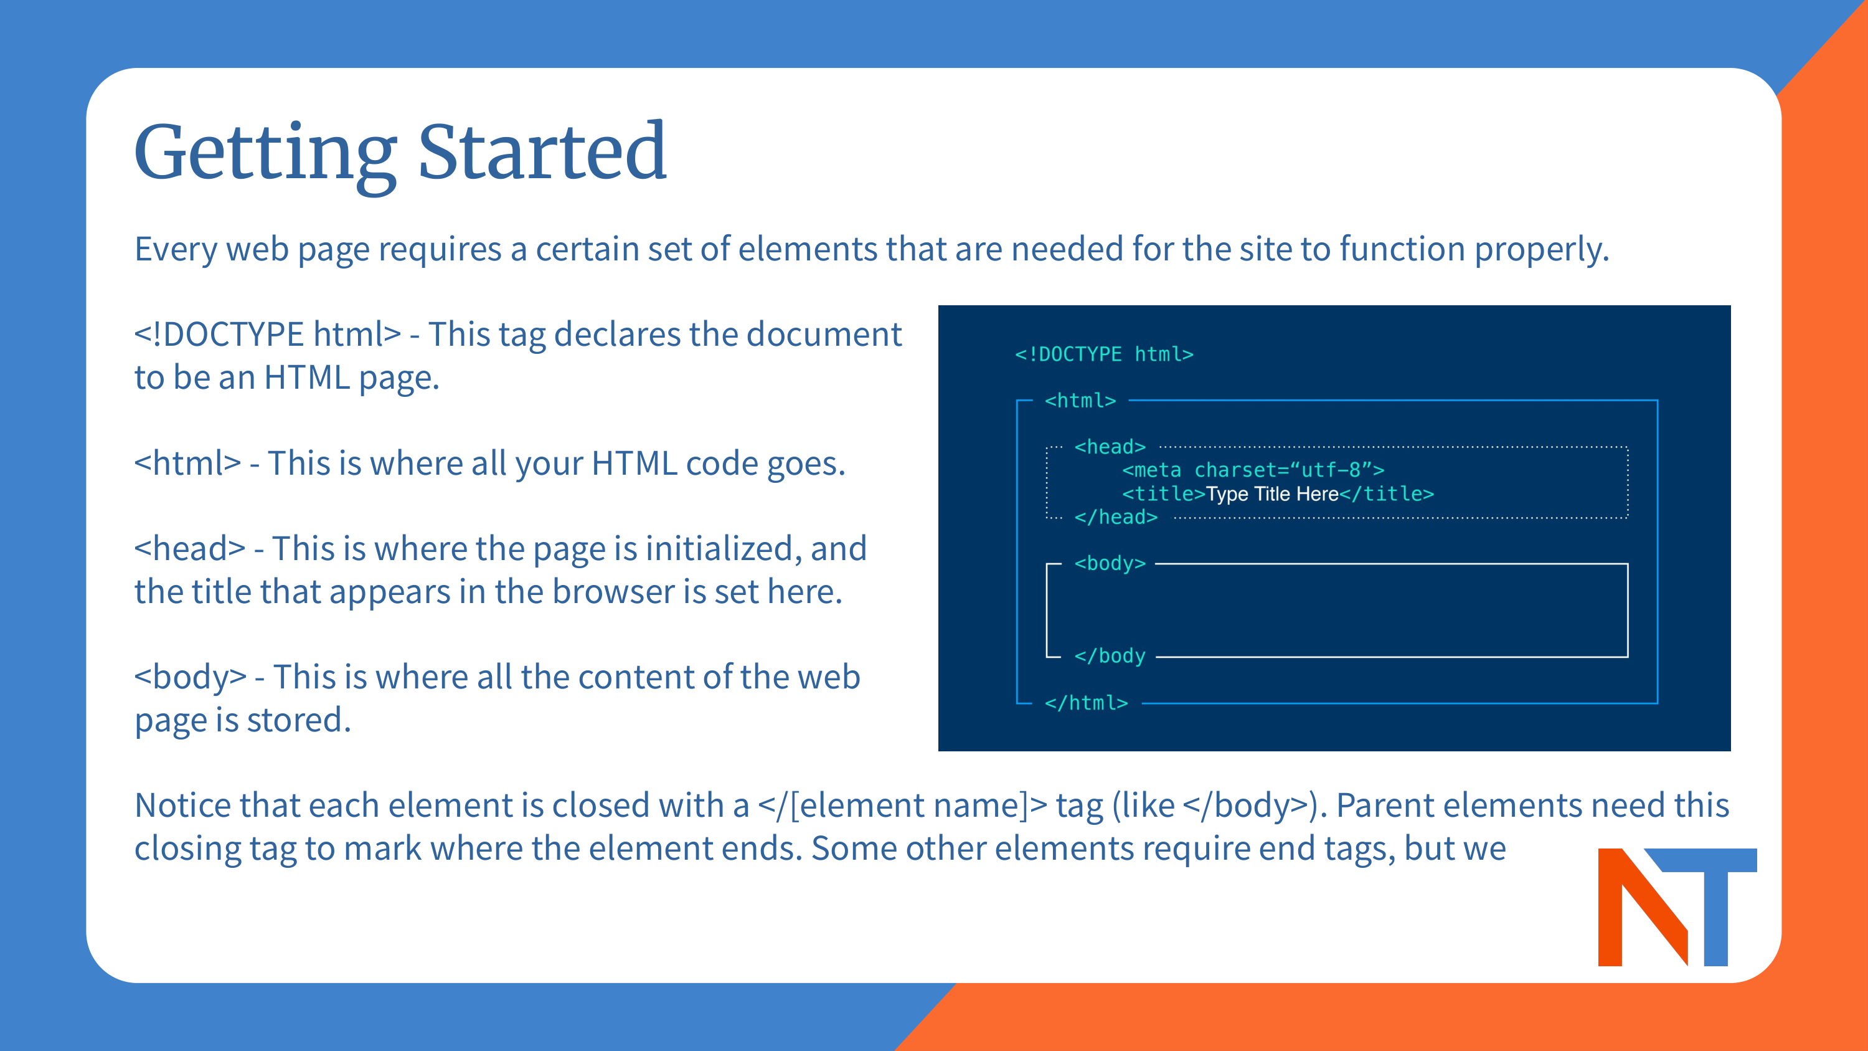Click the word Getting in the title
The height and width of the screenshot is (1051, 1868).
(265, 154)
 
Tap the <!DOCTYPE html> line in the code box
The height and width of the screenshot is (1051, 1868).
(1104, 354)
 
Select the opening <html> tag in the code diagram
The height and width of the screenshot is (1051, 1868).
(1080, 401)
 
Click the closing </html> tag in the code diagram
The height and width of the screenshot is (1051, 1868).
(1085, 703)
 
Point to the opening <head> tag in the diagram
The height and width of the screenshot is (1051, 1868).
(1110, 447)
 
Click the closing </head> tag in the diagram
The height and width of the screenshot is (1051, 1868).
(1115, 517)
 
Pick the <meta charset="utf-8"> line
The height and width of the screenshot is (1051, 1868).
(1252, 470)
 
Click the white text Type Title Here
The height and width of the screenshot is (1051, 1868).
(1272, 494)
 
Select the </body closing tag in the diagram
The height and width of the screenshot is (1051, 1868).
(1110, 655)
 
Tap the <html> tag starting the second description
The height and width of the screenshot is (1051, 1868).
(187, 464)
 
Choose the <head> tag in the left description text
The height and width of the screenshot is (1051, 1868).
(190, 548)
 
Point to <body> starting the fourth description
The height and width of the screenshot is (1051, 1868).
(190, 677)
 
